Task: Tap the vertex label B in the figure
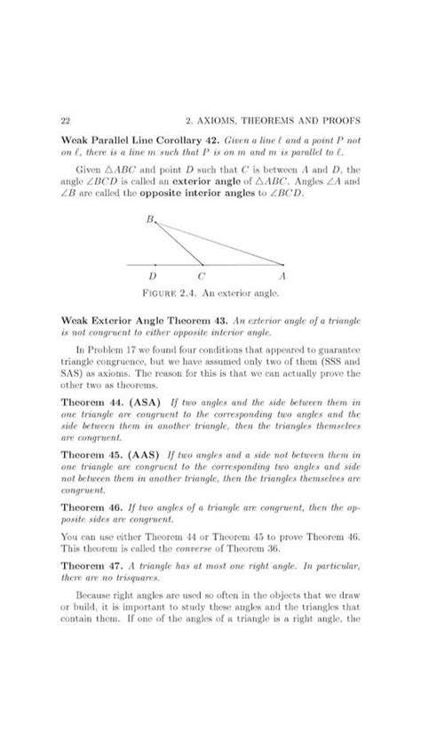150,218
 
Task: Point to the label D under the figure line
156,276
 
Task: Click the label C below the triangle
201,276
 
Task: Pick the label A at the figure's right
282,276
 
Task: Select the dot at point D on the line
156,264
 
